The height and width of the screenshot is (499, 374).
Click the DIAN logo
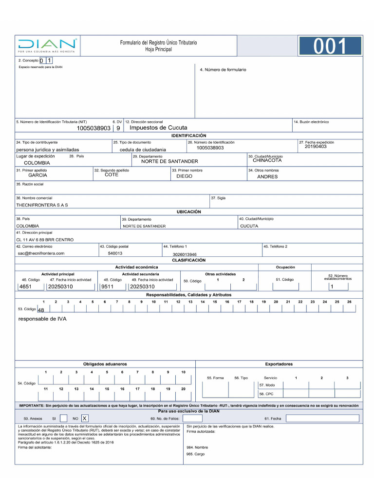point(47,45)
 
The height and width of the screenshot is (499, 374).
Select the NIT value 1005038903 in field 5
point(93,128)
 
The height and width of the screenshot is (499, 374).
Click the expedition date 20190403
point(316,147)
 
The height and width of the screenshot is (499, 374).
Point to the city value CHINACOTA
point(267,160)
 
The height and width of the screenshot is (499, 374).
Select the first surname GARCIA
point(37,175)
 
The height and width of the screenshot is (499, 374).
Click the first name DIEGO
point(184,176)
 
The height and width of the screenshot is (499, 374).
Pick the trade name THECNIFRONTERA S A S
point(42,205)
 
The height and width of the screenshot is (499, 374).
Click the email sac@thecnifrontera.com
point(41,253)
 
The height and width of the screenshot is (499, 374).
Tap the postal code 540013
point(115,253)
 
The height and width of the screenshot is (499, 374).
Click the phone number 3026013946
point(185,254)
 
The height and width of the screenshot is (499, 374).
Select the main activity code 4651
point(25,287)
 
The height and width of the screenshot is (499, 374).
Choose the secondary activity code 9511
point(107,287)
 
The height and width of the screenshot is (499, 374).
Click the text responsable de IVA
point(42,319)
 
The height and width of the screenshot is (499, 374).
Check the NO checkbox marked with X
point(85,418)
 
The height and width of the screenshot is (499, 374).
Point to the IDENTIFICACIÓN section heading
point(189,135)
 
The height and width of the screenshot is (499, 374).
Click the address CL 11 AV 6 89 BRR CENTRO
point(45,240)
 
